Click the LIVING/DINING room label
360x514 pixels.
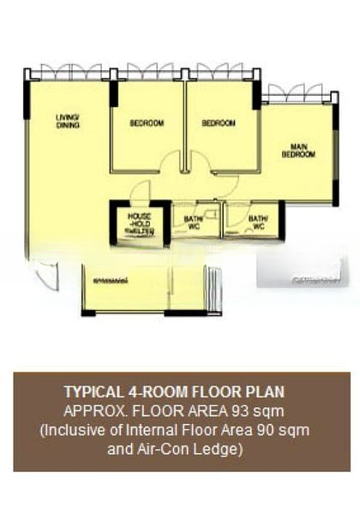click(68, 121)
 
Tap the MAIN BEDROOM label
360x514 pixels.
click(298, 151)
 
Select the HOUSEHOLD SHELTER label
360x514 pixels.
click(139, 223)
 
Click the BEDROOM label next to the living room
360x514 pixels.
click(147, 123)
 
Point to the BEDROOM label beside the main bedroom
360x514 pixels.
click(219, 123)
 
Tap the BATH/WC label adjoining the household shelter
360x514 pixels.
click(193, 223)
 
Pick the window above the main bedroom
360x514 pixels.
click(294, 93)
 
